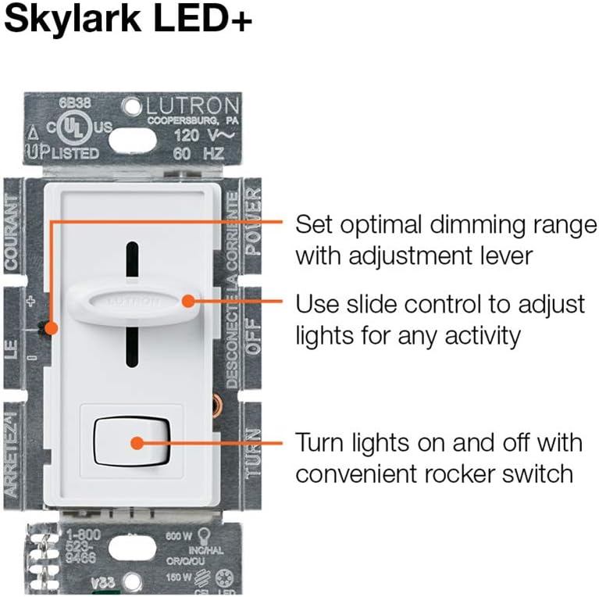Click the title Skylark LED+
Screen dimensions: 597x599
click(128, 19)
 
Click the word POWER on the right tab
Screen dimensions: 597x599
click(252, 226)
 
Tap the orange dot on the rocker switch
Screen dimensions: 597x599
click(137, 442)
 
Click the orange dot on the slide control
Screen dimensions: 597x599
click(187, 300)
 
